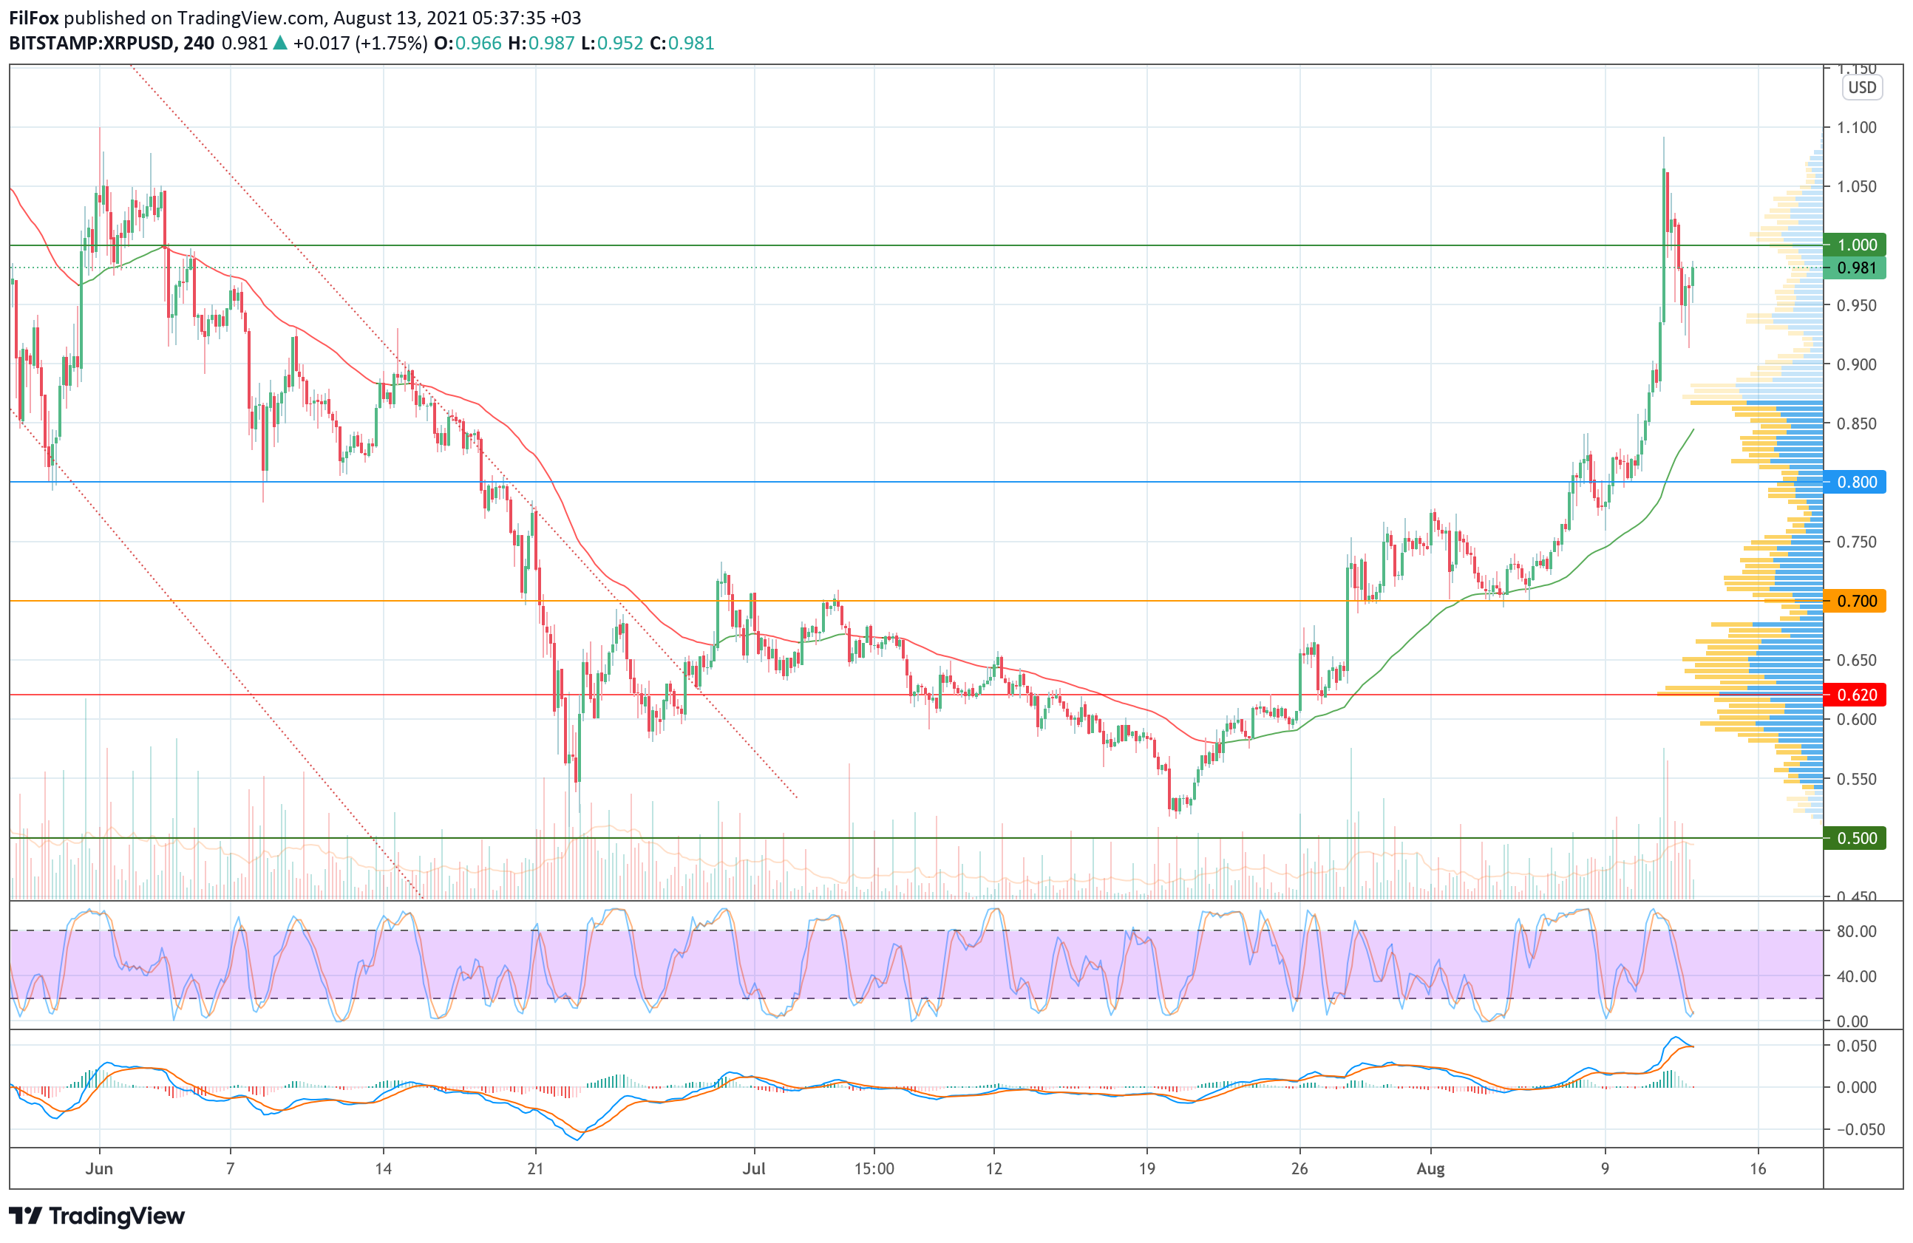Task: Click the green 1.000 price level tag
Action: [x=1856, y=245]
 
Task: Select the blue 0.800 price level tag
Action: [x=1856, y=482]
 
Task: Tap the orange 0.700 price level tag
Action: [x=1856, y=601]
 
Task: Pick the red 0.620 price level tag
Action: [x=1856, y=695]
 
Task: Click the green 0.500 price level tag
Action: [x=1856, y=838]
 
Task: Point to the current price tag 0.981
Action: [x=1856, y=268]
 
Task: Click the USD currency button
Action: [x=1861, y=88]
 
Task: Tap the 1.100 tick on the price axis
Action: [x=1856, y=127]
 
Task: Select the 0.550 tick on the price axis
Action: [x=1856, y=779]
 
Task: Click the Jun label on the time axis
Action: [x=99, y=1168]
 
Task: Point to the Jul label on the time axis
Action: [x=754, y=1168]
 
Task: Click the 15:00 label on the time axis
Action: [x=874, y=1168]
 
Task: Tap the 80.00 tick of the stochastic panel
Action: [x=1856, y=931]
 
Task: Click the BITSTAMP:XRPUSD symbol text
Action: [x=91, y=44]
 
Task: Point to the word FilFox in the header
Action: [x=34, y=18]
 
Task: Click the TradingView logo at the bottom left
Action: [x=96, y=1216]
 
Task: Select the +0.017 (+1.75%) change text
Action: [x=359, y=44]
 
